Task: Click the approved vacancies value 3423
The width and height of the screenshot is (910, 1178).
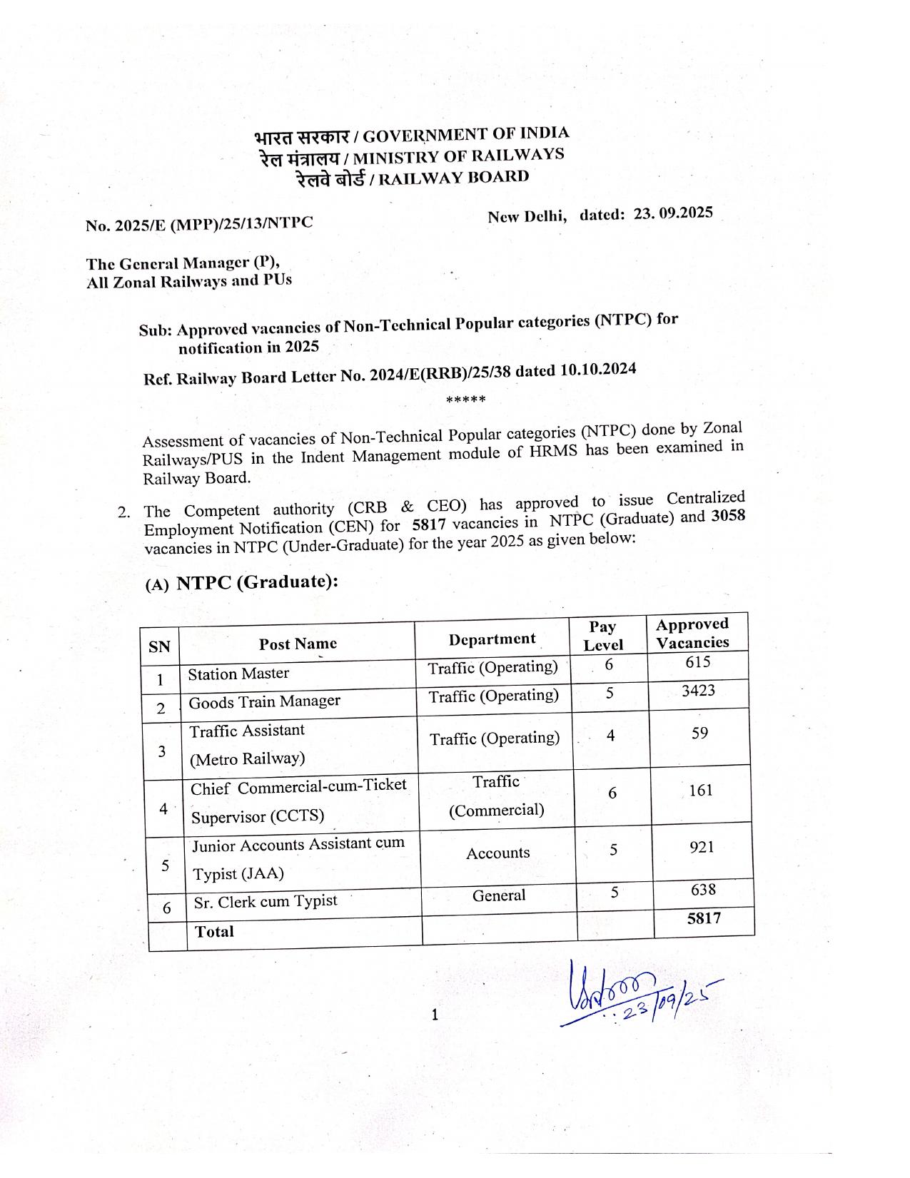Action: click(x=697, y=691)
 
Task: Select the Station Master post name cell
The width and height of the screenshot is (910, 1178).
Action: click(x=238, y=674)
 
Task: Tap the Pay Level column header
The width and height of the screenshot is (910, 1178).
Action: click(x=603, y=636)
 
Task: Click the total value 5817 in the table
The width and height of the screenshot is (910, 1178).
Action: click(x=704, y=918)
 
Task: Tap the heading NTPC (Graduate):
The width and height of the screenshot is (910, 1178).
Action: click(x=257, y=582)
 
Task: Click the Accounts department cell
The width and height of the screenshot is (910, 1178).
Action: click(x=497, y=853)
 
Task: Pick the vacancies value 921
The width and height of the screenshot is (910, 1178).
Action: click(x=702, y=847)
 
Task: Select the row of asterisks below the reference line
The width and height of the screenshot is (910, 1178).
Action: click(x=465, y=400)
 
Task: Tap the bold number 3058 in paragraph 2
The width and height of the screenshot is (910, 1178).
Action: click(x=728, y=516)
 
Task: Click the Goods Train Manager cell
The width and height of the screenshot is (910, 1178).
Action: click(x=264, y=701)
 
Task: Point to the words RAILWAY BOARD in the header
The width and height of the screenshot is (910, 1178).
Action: click(x=453, y=178)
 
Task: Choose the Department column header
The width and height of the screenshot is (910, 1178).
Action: click(x=492, y=639)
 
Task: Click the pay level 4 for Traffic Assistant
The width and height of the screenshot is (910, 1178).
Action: click(x=611, y=734)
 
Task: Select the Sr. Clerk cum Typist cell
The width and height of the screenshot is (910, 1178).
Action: click(x=265, y=901)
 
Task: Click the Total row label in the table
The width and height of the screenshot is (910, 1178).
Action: click(x=214, y=931)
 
